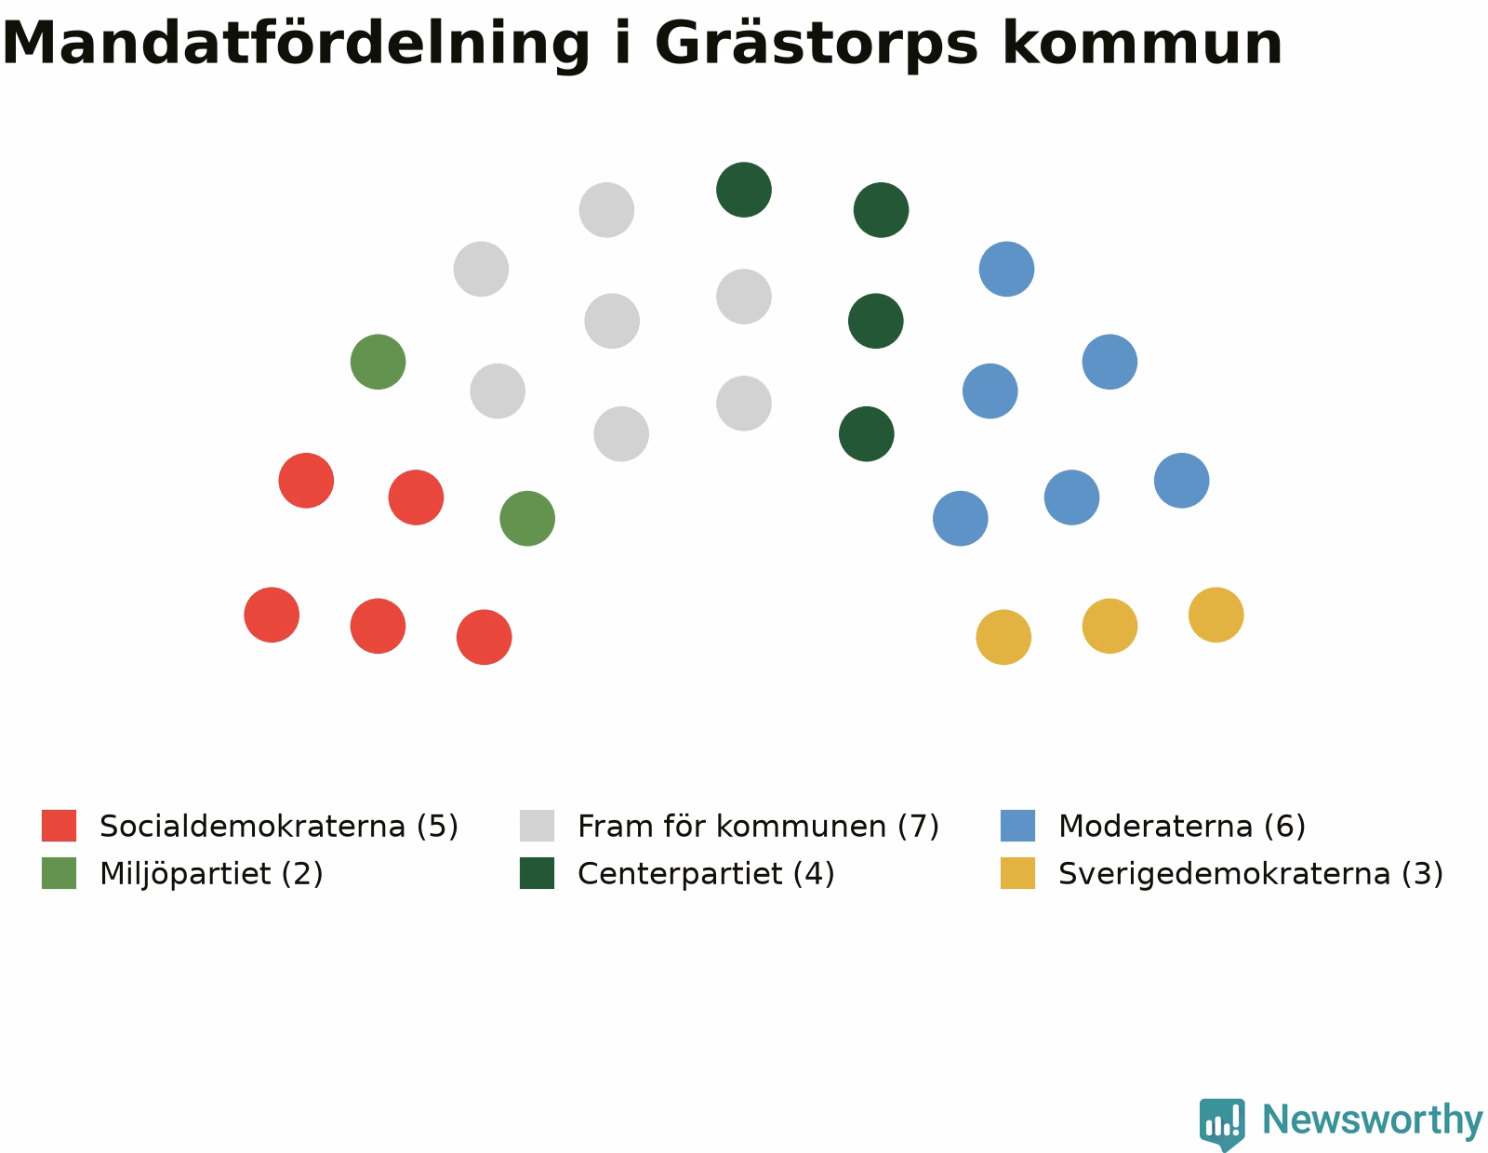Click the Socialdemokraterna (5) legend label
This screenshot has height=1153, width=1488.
click(279, 826)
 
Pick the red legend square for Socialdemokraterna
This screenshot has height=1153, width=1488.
click(59, 826)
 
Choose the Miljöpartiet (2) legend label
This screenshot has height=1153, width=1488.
click(211, 874)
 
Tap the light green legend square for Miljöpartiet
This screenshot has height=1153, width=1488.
click(59, 873)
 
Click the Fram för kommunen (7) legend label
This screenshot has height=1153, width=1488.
click(758, 826)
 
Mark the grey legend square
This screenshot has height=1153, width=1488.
click(537, 826)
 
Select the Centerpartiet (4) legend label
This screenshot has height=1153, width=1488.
click(706, 874)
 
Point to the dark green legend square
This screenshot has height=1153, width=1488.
click(537, 873)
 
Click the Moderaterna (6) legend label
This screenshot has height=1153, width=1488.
click(1182, 826)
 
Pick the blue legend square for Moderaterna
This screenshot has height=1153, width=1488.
click(1017, 826)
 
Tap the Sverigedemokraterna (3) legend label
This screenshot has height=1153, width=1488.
click(1251, 874)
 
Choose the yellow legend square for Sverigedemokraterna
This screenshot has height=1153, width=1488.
click(1017, 873)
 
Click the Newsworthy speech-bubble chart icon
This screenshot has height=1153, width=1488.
click(1222, 1123)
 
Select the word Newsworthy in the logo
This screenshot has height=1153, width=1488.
click(1372, 1120)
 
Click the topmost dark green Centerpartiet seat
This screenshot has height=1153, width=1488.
click(744, 190)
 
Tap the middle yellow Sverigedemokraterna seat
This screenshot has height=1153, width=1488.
click(1109, 626)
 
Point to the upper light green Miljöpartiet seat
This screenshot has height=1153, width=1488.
click(378, 362)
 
